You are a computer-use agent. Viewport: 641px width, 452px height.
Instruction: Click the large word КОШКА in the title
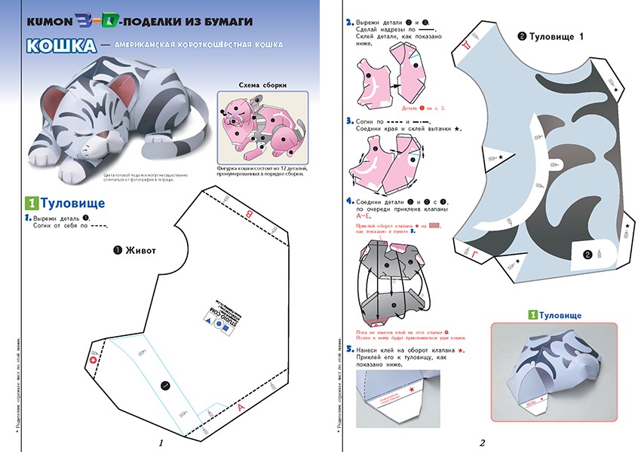(x=61, y=46)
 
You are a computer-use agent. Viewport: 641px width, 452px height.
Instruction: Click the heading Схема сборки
(x=262, y=85)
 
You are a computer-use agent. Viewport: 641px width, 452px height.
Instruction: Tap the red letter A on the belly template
(x=241, y=408)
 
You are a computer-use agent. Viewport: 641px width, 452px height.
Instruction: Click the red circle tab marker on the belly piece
(x=94, y=362)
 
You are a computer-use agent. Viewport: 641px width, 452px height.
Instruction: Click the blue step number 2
(x=349, y=23)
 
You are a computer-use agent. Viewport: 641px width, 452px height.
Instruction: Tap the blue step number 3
(x=349, y=121)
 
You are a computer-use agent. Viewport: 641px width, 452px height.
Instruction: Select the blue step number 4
(x=349, y=202)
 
